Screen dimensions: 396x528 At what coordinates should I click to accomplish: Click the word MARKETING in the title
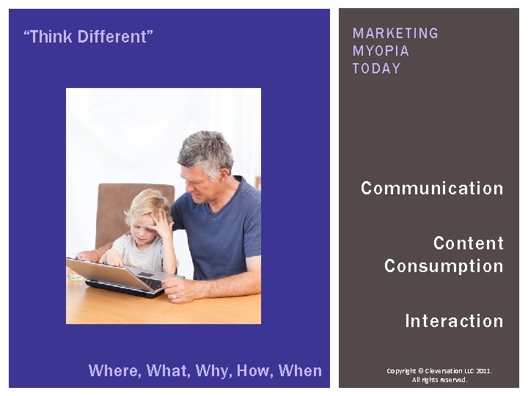[x=395, y=34]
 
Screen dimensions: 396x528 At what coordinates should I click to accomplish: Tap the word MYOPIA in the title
[x=381, y=51]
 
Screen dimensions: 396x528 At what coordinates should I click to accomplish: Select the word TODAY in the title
[x=377, y=69]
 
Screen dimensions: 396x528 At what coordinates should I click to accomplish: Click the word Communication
[x=432, y=188]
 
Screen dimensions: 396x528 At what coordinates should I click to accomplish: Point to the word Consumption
[x=444, y=266]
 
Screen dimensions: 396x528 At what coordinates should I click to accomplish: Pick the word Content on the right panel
[x=469, y=243]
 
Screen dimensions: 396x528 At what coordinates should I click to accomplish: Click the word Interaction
[x=454, y=321]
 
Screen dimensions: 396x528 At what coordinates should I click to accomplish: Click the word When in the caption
[x=300, y=371]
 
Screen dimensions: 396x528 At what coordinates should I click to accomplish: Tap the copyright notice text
[x=439, y=375]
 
